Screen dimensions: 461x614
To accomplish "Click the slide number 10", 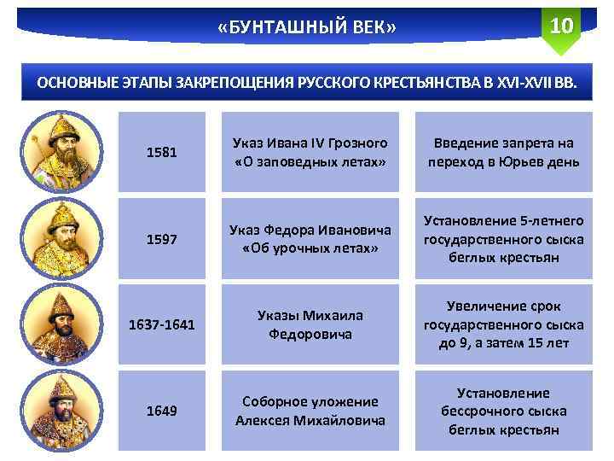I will pyautogui.click(x=560, y=26).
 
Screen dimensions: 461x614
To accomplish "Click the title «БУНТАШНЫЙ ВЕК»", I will pyautogui.click(x=306, y=31).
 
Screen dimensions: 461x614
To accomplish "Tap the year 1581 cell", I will pyautogui.click(x=162, y=152).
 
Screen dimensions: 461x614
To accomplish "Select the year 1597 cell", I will pyautogui.click(x=162, y=240).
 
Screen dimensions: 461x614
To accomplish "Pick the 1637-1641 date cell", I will pyautogui.click(x=162, y=325).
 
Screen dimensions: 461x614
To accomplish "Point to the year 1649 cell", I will pyautogui.click(x=162, y=411).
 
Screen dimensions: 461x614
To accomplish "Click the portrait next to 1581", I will pyautogui.click(x=59, y=152).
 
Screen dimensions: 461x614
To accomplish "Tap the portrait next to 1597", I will pyautogui.click(x=59, y=239).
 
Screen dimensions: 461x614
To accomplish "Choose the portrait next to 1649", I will pyautogui.click(x=59, y=411).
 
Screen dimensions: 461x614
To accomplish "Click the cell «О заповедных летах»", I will pyautogui.click(x=310, y=152).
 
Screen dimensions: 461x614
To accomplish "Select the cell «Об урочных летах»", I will pyautogui.click(x=310, y=240).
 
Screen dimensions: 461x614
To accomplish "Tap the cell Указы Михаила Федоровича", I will pyautogui.click(x=310, y=325).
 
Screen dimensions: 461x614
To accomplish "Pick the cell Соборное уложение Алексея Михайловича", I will pyautogui.click(x=310, y=411).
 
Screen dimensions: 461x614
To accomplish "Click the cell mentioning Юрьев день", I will pyautogui.click(x=503, y=152).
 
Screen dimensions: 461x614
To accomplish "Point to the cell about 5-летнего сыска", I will pyautogui.click(x=503, y=240).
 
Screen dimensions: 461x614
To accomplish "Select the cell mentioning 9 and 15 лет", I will pyautogui.click(x=503, y=325).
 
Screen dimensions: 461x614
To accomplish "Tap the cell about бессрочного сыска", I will pyautogui.click(x=503, y=411).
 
